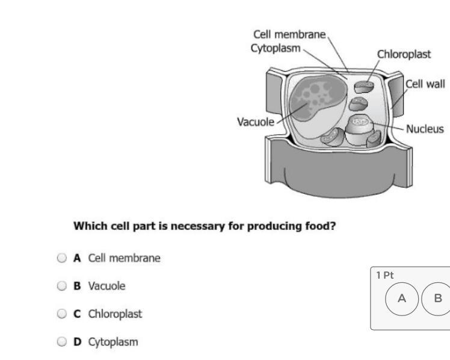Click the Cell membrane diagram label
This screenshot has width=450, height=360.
290,35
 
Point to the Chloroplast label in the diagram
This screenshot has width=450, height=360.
404,55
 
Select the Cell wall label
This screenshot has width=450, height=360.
426,84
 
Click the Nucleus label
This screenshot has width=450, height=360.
425,129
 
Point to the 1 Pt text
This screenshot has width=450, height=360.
383,275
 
